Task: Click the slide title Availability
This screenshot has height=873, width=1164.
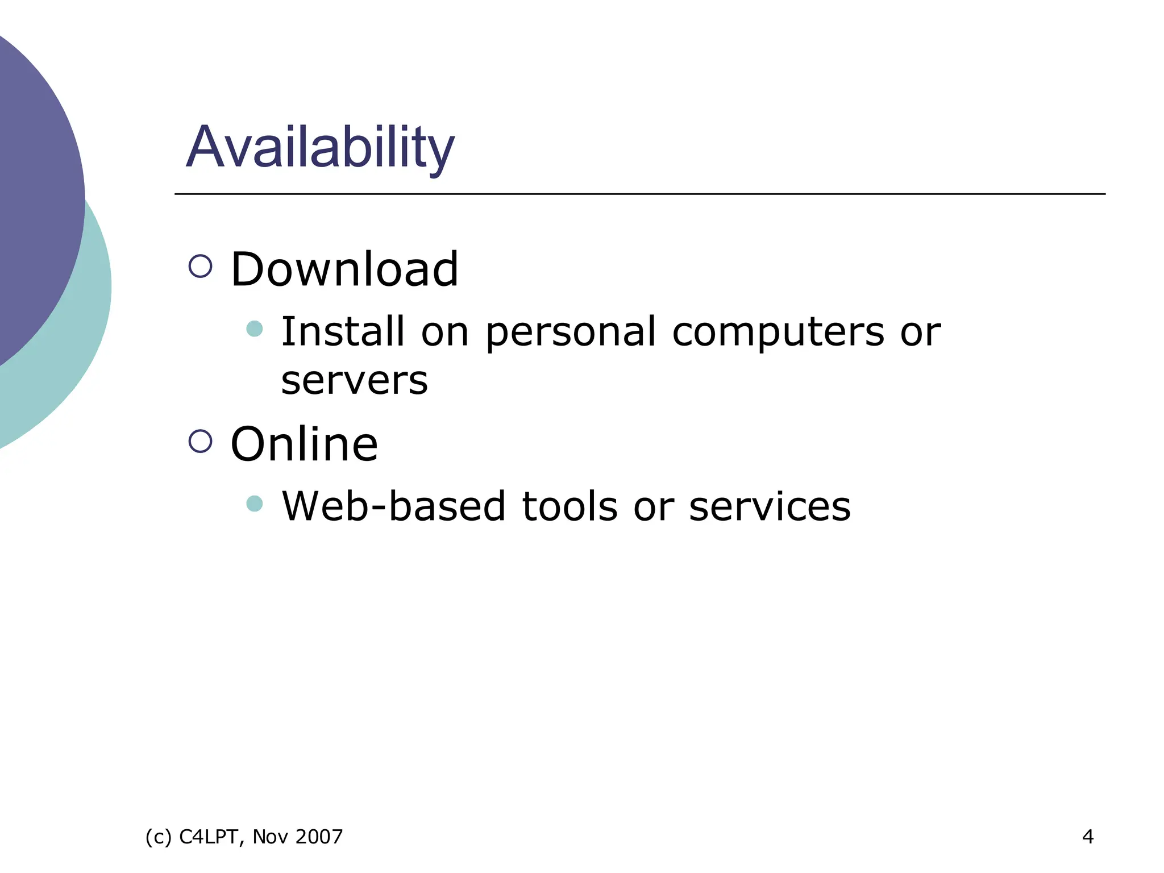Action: pos(320,147)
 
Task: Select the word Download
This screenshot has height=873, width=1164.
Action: pos(344,269)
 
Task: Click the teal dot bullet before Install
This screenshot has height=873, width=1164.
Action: pos(255,329)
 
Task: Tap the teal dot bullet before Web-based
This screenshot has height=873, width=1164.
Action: pos(255,504)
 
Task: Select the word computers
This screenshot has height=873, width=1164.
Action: pos(778,332)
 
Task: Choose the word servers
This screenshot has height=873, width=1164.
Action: pos(354,381)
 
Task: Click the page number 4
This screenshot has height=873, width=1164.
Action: pos(1088,837)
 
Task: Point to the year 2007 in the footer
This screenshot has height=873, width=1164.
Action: pos(319,837)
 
